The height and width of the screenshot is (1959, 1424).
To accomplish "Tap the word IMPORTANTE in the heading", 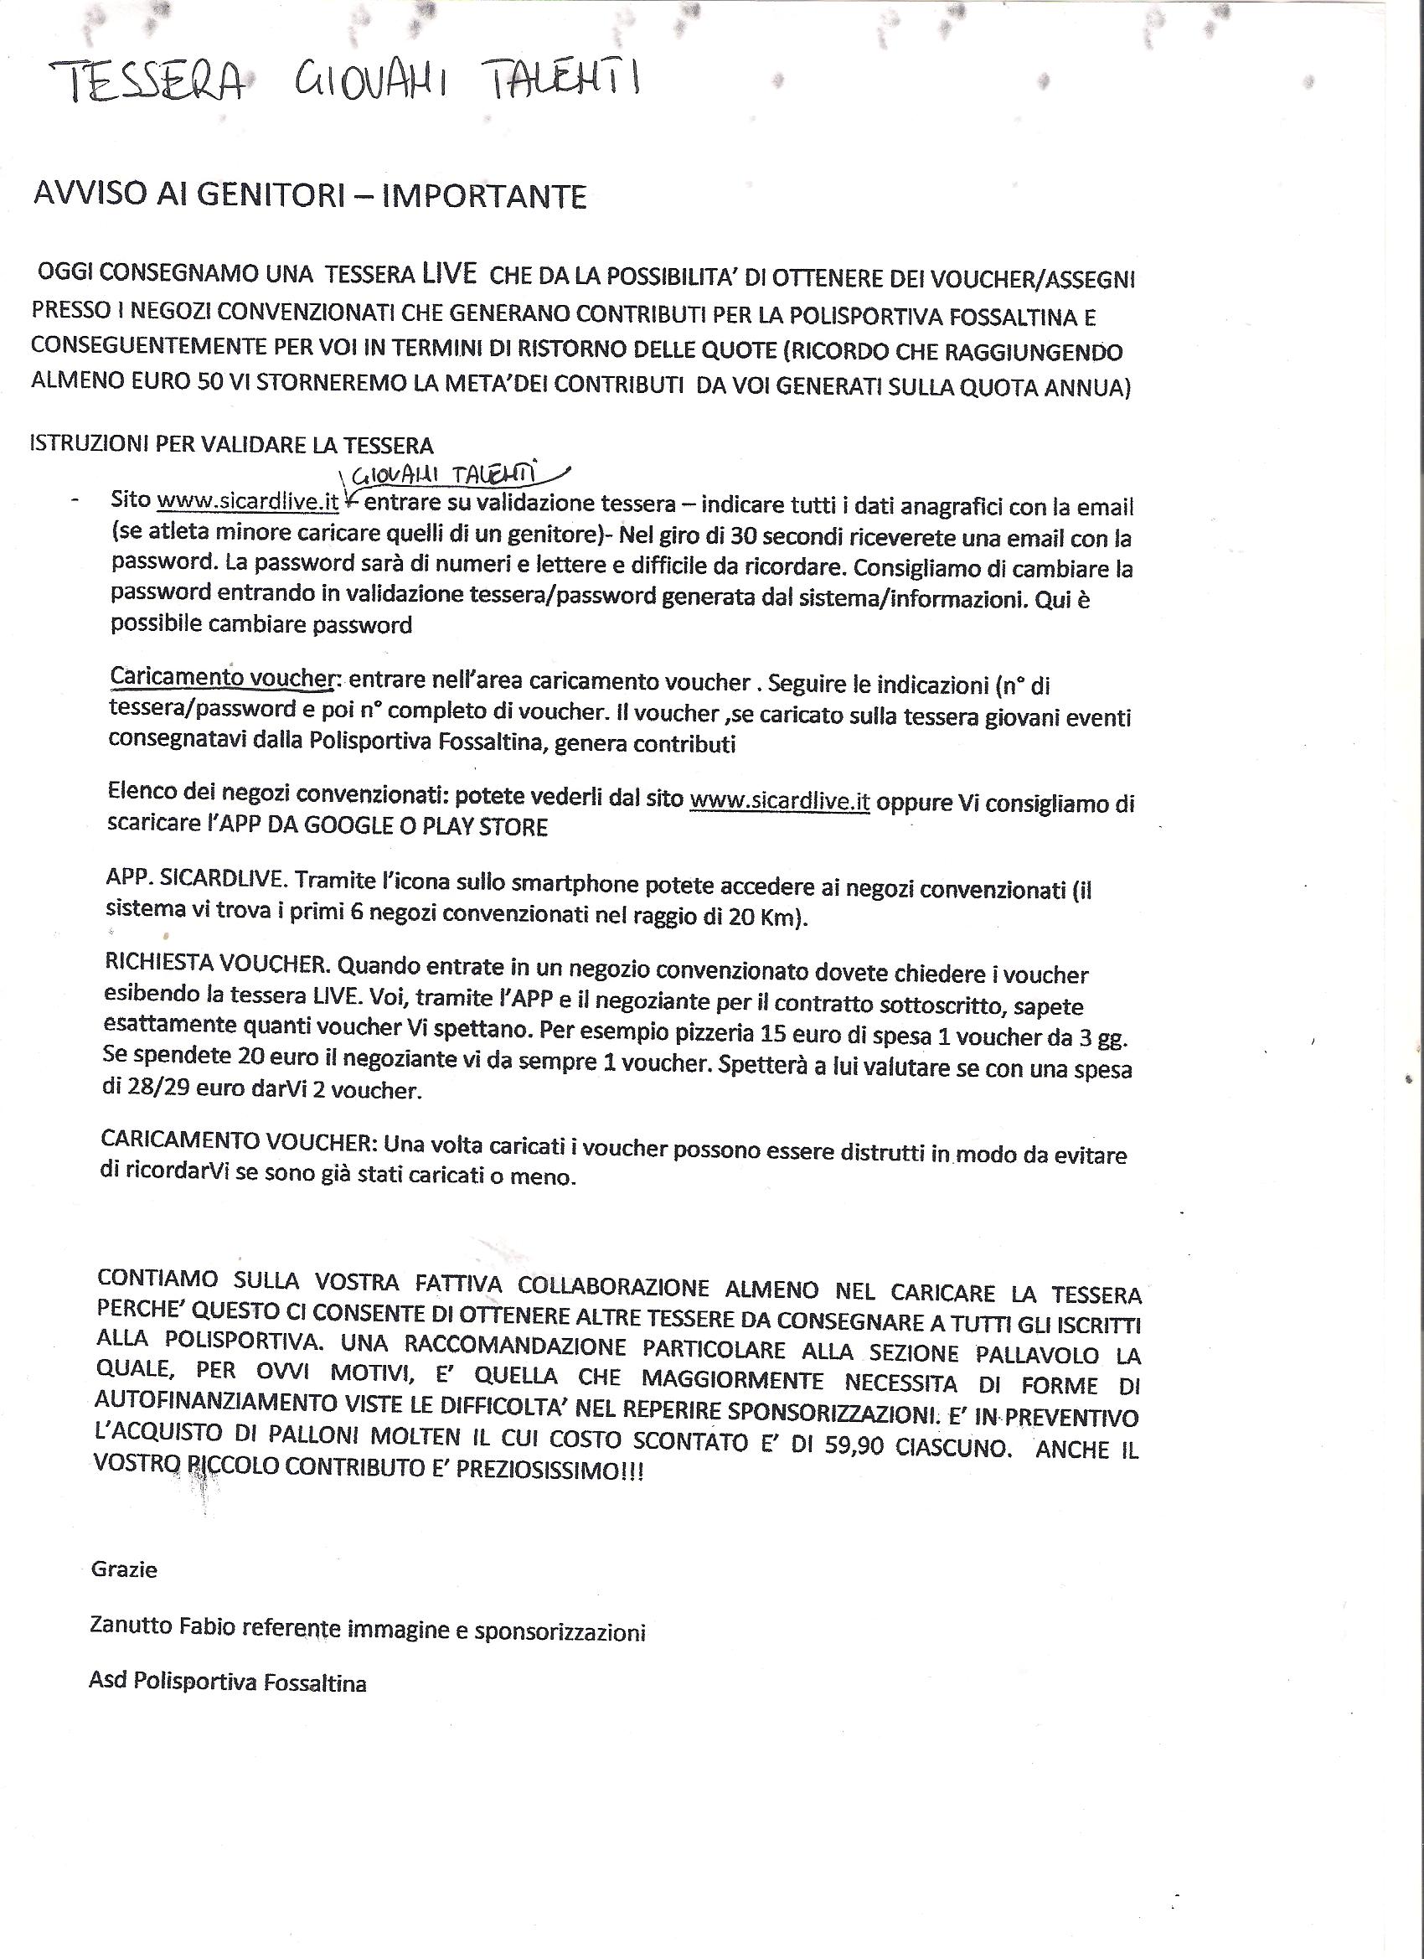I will tap(483, 196).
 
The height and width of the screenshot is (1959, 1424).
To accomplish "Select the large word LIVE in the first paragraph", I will tap(449, 274).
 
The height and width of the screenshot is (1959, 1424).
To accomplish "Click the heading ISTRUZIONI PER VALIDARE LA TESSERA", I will tap(231, 445).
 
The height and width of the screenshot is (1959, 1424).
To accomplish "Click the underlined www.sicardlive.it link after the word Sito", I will tap(248, 501).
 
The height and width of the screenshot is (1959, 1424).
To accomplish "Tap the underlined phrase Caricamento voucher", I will tap(221, 678).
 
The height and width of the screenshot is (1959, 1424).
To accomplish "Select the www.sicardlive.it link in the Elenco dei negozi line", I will tap(779, 802).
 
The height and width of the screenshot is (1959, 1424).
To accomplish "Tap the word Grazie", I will tap(124, 1569).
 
